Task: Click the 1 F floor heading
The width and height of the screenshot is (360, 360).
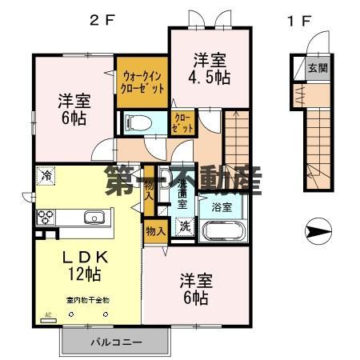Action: [x=297, y=20]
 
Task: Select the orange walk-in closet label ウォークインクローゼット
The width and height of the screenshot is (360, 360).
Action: [x=142, y=80]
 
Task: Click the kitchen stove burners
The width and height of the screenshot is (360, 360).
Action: [x=46, y=216]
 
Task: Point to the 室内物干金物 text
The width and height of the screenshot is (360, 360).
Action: [x=87, y=300]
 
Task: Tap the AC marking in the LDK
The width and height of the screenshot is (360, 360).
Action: [x=47, y=314]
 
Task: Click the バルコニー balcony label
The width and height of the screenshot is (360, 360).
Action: [x=114, y=342]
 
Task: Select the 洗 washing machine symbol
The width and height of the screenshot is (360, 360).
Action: [x=184, y=226]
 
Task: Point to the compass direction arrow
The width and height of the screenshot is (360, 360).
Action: [x=318, y=232]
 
